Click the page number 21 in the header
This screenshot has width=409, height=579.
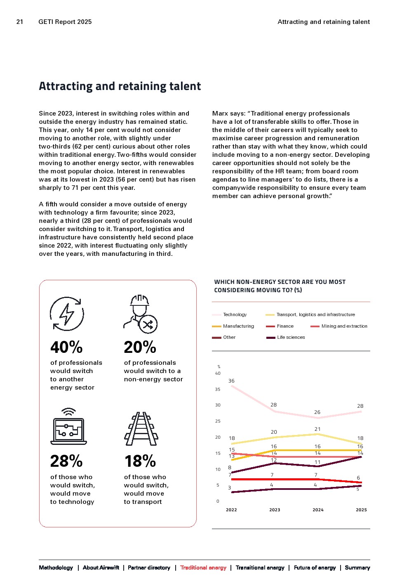coord(20,22)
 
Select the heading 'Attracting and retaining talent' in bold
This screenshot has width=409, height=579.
coord(120,86)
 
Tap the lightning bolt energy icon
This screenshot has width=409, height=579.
coord(67,314)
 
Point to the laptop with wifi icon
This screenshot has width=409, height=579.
coord(68,427)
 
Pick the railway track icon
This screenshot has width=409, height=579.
coord(141,429)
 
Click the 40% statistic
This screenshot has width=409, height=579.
coord(66,347)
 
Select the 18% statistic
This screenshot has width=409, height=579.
coord(140,461)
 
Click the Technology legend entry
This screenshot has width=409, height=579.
coord(235,315)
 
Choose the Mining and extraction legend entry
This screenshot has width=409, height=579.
coord(344,326)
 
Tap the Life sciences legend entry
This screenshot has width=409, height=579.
coord(291,337)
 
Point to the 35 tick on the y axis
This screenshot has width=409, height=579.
coord(218,389)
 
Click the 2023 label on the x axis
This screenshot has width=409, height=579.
coord(275,510)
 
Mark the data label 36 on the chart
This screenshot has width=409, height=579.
coord(231,381)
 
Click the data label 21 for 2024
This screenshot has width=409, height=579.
coord(317,429)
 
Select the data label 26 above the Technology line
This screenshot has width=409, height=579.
coord(317,412)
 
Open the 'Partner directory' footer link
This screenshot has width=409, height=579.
coord(149,567)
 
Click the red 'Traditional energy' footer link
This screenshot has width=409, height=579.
coord(203,567)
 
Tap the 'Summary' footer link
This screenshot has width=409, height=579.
coord(357,567)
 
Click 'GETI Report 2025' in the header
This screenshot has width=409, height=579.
coord(65,22)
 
